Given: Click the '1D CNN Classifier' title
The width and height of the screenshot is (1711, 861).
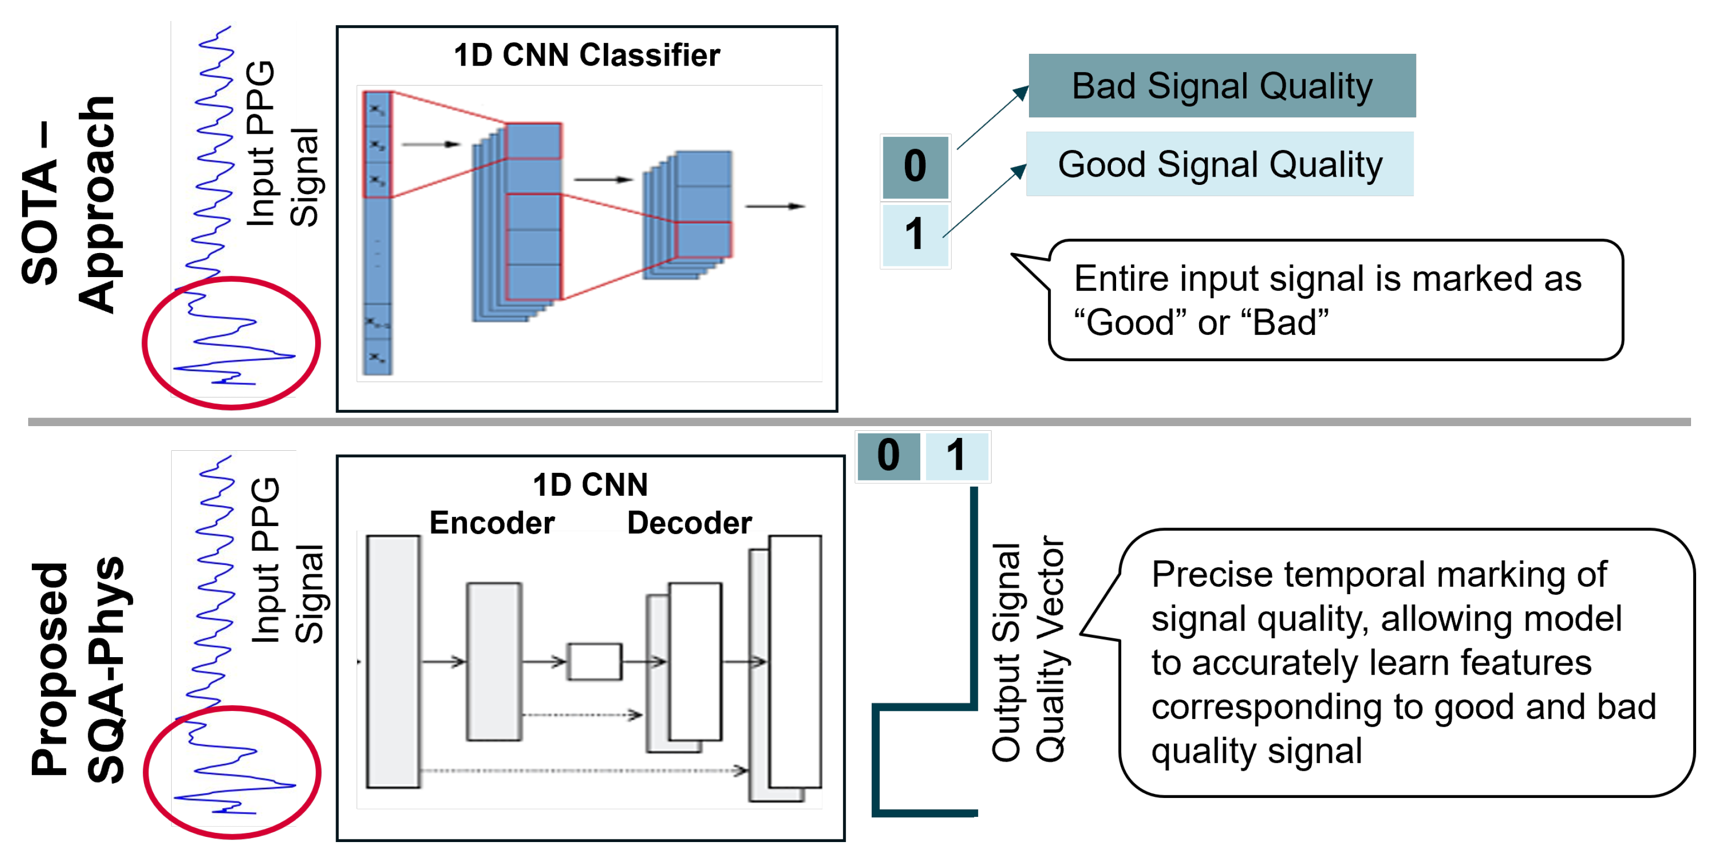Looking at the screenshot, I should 587,55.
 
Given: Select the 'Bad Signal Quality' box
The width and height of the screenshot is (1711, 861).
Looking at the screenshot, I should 1222,86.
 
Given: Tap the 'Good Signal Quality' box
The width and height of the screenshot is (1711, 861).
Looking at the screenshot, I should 1220,164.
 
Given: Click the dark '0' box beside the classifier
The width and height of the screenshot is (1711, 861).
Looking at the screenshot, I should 915,166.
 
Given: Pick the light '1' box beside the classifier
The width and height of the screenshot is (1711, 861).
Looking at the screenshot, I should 915,235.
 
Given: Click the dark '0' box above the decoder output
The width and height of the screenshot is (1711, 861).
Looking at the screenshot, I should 888,456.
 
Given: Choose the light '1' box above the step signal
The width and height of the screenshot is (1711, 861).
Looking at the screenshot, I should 956,456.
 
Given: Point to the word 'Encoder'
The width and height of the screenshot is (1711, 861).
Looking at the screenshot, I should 491,523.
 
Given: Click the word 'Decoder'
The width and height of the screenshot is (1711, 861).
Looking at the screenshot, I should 689,523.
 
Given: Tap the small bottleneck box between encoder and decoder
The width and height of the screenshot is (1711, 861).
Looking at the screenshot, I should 594,661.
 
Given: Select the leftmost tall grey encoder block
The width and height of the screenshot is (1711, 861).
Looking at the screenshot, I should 393,661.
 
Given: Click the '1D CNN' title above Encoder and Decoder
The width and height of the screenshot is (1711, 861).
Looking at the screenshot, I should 590,485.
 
